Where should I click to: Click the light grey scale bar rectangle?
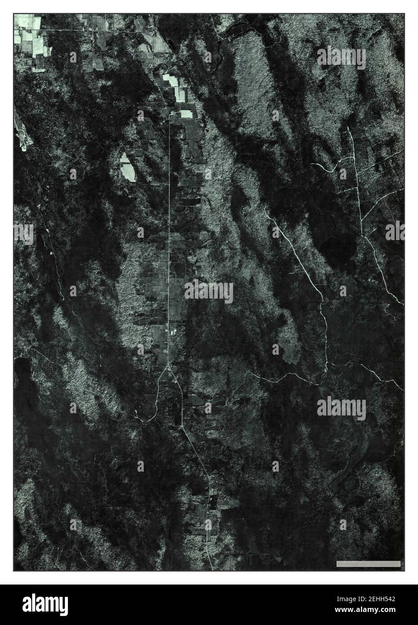tap(368, 563)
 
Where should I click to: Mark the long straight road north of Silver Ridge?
tap(169, 202)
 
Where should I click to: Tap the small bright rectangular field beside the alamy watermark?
tap(185, 114)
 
